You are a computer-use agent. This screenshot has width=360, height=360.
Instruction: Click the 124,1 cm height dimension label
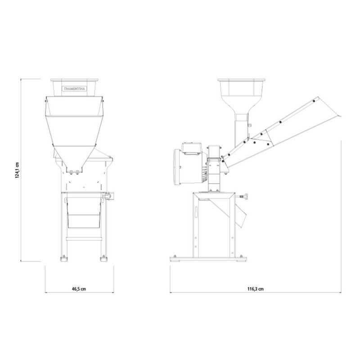pos(17,170)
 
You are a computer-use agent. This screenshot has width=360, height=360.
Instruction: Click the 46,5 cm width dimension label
pos(79,289)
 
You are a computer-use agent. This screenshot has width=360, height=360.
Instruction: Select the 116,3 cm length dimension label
pos(255,289)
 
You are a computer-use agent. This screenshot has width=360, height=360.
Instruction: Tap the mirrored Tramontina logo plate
pos(75,89)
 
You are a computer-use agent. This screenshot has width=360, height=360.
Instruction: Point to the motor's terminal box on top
pos(192,148)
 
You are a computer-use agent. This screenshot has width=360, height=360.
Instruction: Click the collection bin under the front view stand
pos(84,213)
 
